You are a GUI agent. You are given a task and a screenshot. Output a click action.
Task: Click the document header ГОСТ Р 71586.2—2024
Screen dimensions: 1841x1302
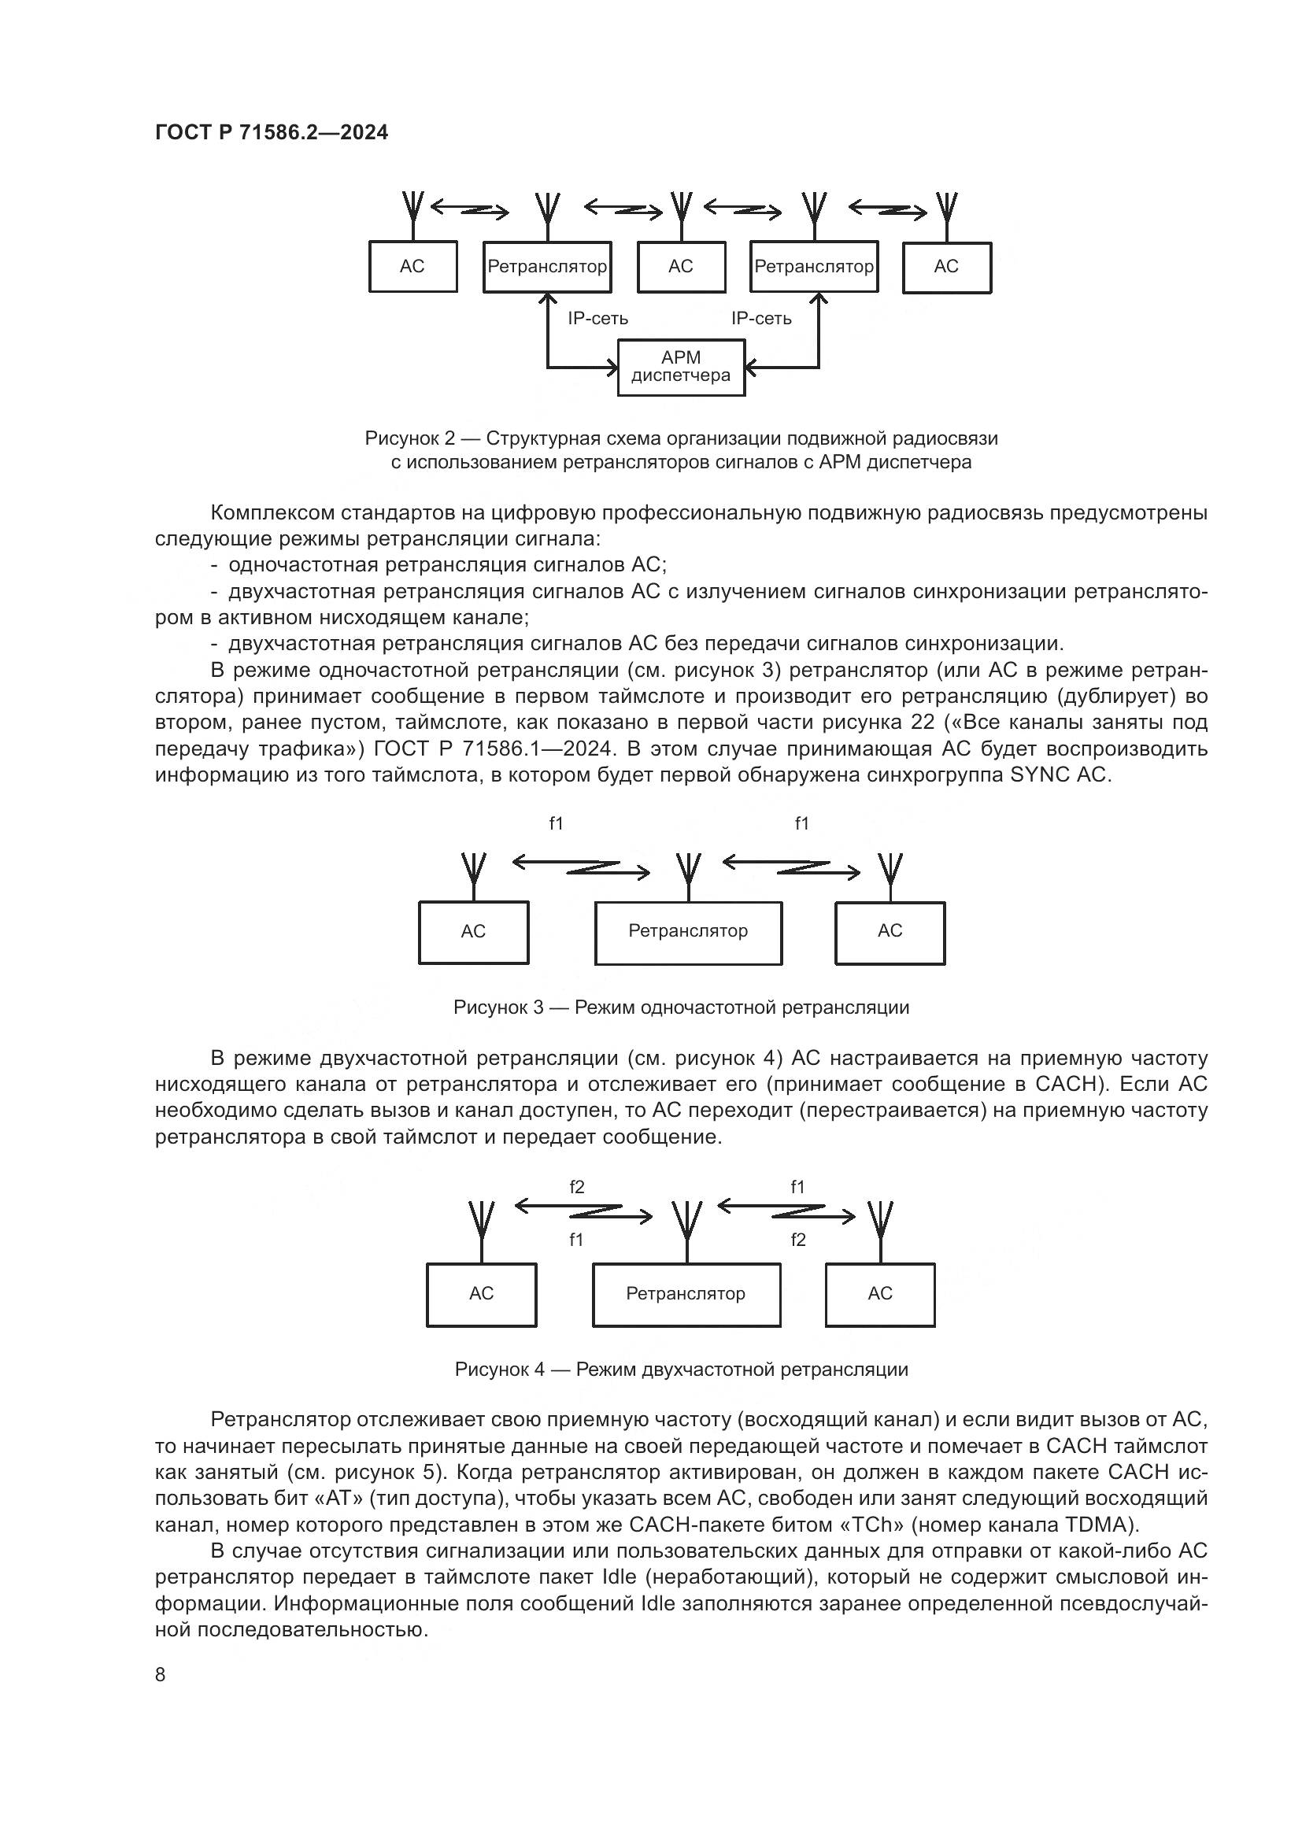271,132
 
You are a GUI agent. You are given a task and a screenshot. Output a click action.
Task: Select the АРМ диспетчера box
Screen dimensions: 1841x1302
681,368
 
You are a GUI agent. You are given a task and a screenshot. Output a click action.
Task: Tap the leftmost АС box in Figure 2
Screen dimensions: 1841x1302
413,266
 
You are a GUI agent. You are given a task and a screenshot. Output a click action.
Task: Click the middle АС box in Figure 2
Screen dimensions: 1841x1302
681,266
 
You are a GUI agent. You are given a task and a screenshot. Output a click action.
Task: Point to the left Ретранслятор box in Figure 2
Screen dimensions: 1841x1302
548,266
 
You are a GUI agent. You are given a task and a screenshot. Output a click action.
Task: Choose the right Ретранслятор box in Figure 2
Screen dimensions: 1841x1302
814,266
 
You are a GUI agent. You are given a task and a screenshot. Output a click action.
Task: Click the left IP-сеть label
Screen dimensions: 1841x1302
598,318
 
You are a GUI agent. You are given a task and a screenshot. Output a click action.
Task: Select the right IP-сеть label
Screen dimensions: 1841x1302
761,318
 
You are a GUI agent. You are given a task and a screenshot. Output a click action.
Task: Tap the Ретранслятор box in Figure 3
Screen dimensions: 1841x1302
688,932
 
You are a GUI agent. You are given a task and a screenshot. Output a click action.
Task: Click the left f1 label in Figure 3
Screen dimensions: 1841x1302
557,823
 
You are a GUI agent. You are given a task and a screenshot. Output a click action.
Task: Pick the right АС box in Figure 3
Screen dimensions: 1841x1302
890,932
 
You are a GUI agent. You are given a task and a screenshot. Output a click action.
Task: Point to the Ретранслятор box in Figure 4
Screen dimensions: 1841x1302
686,1293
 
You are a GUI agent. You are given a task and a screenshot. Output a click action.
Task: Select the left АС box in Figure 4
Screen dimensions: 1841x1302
481,1293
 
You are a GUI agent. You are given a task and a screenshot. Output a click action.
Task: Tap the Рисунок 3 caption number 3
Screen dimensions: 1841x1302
538,1008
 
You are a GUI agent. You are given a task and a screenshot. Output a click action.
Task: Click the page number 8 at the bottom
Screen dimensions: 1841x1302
161,1675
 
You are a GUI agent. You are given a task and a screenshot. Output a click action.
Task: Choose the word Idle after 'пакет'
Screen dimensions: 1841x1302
618,1577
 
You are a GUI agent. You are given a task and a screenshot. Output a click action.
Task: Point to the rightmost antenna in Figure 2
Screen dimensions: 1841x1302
947,210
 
